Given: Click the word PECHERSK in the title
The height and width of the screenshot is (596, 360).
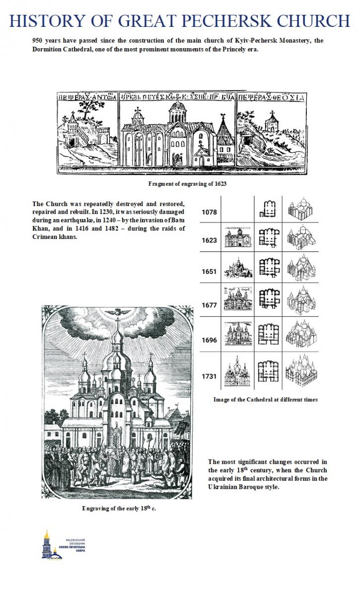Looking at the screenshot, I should click(226, 21).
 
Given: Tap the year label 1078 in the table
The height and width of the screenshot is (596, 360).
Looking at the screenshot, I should click(209, 212).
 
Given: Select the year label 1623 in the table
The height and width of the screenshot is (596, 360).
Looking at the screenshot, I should click(209, 240).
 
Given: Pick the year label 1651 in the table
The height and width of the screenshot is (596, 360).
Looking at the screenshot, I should click(209, 272).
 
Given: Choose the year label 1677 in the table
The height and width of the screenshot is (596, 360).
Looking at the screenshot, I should click(209, 305).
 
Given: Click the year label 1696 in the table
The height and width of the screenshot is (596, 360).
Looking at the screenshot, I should click(209, 340).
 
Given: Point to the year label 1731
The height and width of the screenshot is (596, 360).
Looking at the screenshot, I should click(209, 376).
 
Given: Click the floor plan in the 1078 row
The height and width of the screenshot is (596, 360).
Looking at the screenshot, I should click(268, 210).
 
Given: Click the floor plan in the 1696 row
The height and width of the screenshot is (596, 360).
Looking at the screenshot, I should click(268, 337).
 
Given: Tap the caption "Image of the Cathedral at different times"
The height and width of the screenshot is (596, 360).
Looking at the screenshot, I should click(265, 399).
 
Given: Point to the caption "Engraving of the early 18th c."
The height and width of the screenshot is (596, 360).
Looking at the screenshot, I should click(119, 508).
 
